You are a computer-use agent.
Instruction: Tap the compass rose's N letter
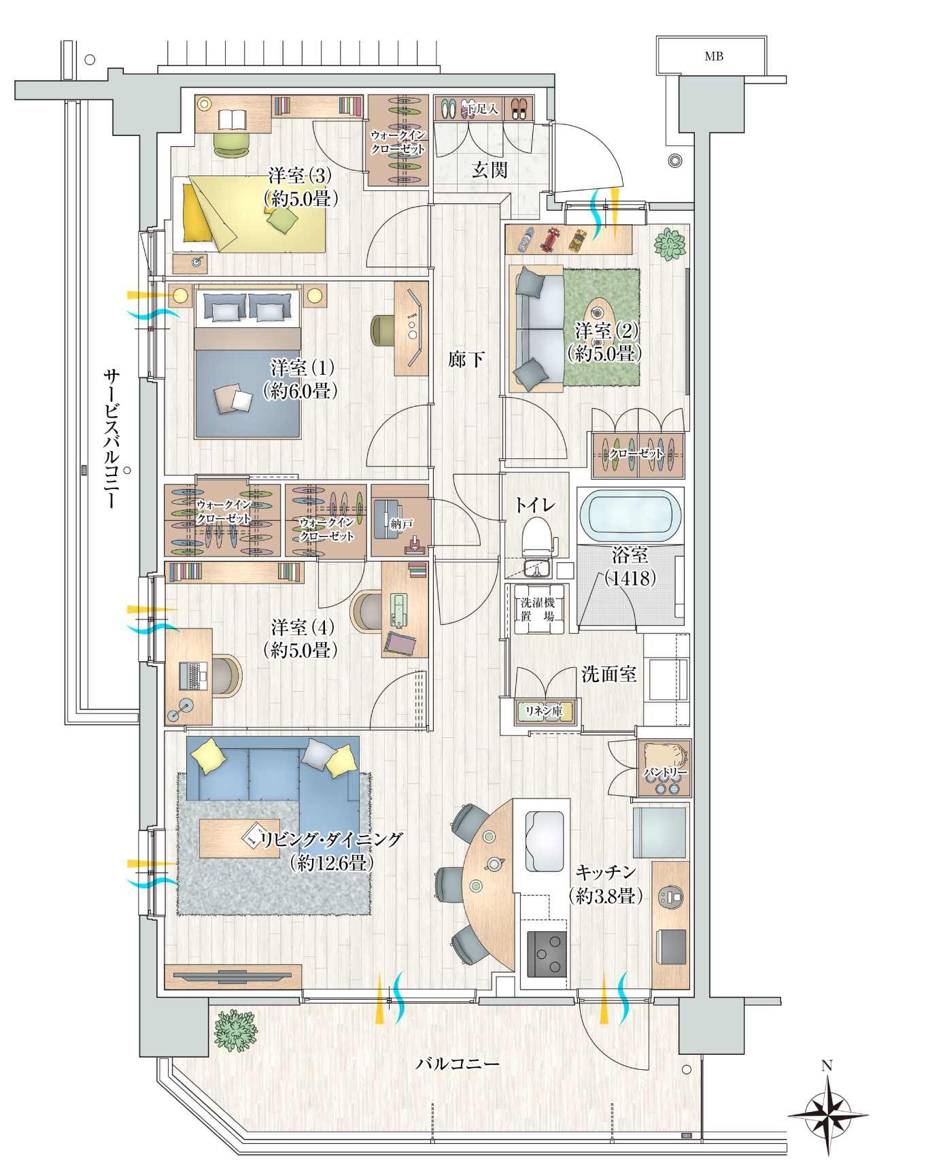[x=827, y=1066]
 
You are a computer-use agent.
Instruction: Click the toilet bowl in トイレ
[x=537, y=537]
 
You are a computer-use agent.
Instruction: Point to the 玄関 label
[x=490, y=169]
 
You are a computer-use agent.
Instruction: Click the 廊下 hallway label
[x=466, y=358]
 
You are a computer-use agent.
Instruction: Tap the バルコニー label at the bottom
[x=458, y=1063]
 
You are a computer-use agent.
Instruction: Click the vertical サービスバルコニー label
[x=112, y=439]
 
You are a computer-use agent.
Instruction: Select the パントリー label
[x=665, y=773]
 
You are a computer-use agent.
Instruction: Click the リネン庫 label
[x=544, y=711]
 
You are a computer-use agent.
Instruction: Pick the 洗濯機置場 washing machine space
[x=538, y=609]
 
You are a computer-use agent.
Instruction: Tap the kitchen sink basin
[x=545, y=841]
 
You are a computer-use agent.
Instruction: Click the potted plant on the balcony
[x=235, y=1030]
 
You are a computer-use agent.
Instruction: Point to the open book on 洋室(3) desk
[x=233, y=120]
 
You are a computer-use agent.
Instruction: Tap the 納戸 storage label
[x=401, y=524]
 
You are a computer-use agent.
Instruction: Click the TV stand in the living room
[x=233, y=977]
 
